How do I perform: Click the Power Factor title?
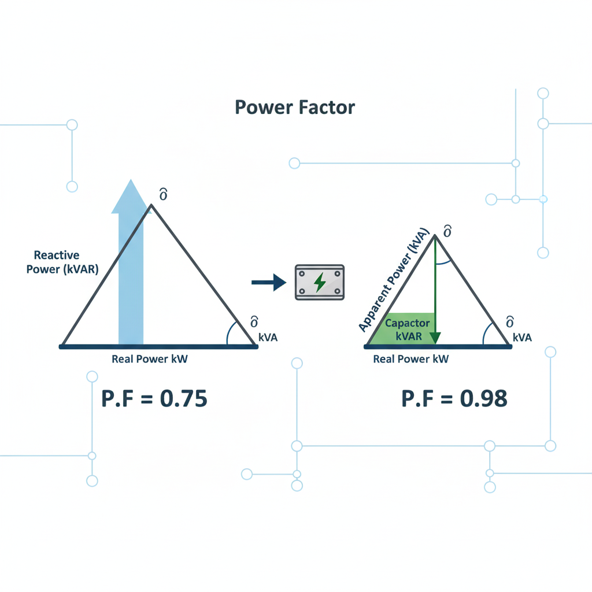(295, 108)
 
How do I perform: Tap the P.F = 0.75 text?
(154, 399)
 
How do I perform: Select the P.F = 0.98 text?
(454, 399)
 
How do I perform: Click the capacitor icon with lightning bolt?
(320, 282)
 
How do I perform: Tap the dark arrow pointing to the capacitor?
(269, 282)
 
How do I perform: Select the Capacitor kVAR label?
(407, 329)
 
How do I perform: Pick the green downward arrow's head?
(436, 338)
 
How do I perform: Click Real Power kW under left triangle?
(150, 359)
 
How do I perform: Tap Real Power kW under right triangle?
(411, 359)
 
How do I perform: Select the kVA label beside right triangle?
(521, 338)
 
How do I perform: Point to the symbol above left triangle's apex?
(163, 195)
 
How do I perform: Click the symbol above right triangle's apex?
(446, 232)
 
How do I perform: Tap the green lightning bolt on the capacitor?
(319, 282)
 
